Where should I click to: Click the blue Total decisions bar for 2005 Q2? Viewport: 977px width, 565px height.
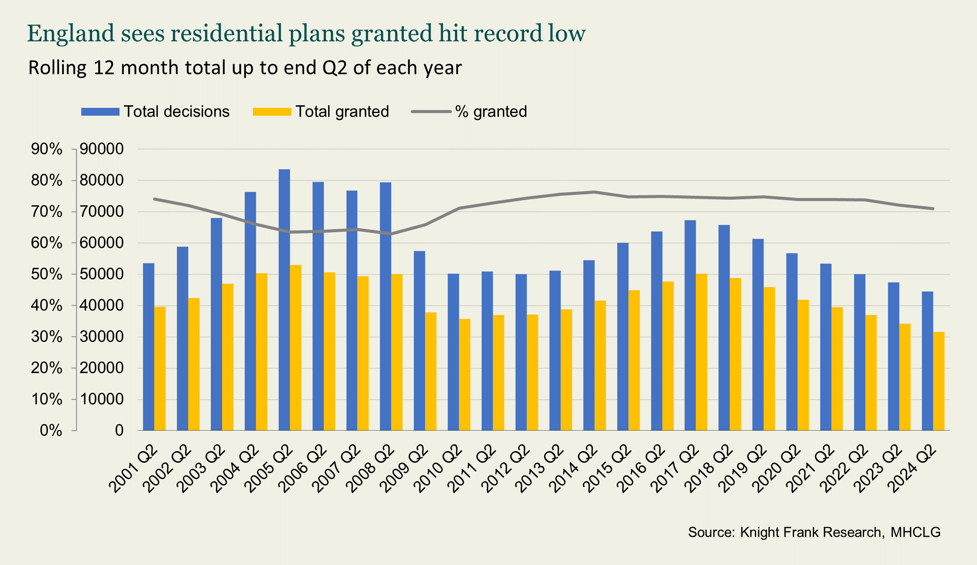[x=284, y=300]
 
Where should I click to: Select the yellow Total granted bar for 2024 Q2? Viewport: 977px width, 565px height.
[x=939, y=381]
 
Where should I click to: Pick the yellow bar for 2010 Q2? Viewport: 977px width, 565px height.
[x=465, y=374]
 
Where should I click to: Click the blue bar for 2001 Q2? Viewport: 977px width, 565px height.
[x=149, y=347]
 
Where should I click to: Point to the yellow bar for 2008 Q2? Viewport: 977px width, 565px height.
[x=397, y=352]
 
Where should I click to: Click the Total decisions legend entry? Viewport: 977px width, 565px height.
[x=155, y=112]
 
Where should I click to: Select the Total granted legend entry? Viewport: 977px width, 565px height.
[x=321, y=112]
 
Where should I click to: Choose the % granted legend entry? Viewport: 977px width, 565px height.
[x=469, y=112]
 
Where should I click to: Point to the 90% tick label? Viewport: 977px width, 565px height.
[x=47, y=149]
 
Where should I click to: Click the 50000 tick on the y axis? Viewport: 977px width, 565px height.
[x=102, y=274]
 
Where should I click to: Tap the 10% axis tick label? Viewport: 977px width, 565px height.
[x=47, y=399]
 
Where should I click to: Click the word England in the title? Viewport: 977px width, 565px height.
[x=71, y=33]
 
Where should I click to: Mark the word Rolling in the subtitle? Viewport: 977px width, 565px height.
[x=57, y=68]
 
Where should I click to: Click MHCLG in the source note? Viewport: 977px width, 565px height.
[x=915, y=532]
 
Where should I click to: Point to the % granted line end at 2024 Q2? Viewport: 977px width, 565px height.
[x=933, y=209]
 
